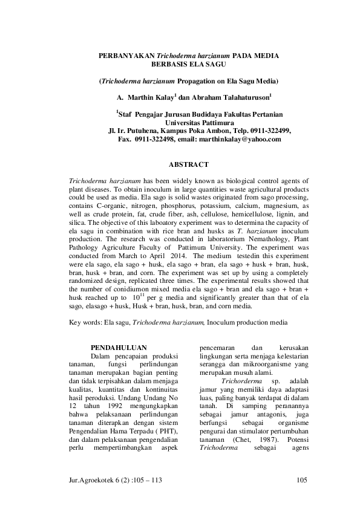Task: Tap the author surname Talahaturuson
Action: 240,96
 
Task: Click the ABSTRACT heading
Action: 188,164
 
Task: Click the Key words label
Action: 85,323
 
